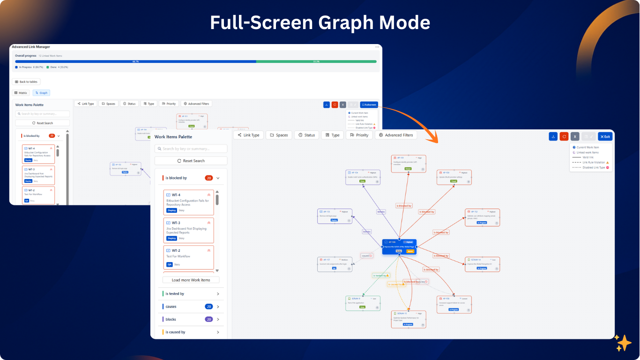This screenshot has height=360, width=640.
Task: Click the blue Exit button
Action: [605, 136]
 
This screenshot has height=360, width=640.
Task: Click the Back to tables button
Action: [26, 82]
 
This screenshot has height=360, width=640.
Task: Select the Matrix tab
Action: [21, 93]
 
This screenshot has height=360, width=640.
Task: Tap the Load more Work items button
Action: [191, 280]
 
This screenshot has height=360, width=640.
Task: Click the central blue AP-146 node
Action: [399, 247]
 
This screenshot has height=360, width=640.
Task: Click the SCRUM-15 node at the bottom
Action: [409, 319]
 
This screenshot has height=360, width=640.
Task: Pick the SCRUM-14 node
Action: [482, 264]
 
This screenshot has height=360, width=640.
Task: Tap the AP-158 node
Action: [454, 304]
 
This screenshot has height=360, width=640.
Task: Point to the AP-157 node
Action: [335, 264]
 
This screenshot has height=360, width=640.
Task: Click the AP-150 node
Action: [454, 177]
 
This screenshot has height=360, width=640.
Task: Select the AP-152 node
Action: [482, 217]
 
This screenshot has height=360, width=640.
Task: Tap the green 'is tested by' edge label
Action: [381, 276]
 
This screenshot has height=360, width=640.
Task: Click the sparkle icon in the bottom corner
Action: [623, 343]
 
